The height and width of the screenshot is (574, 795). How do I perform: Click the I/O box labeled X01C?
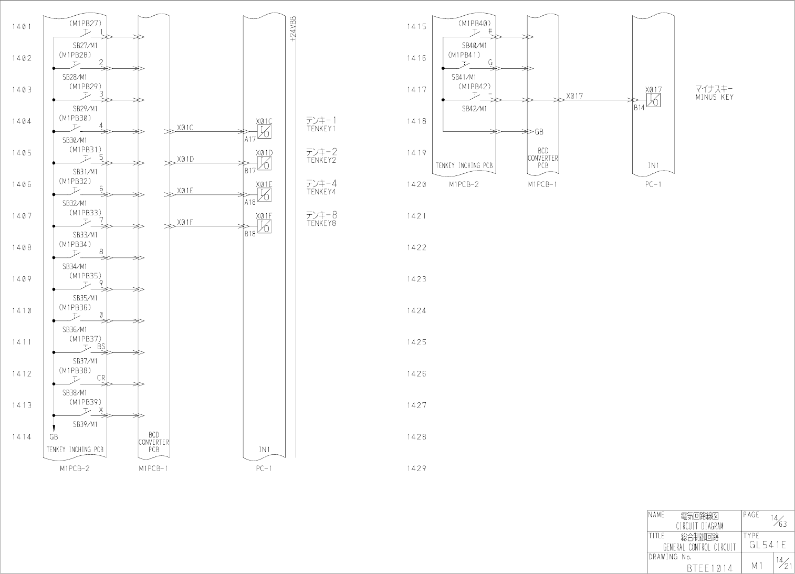click(x=265, y=131)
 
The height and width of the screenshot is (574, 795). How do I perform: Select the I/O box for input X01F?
click(x=265, y=226)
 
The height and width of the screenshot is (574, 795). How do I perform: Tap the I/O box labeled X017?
click(x=653, y=100)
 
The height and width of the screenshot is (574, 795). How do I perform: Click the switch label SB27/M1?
click(x=85, y=46)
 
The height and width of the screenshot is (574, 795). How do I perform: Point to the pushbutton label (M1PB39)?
click(x=85, y=402)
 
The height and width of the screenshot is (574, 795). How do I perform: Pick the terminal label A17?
click(x=250, y=140)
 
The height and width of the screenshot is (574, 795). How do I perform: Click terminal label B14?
click(x=639, y=108)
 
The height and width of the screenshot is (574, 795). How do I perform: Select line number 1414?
click(x=22, y=436)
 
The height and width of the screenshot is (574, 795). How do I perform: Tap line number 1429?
click(x=416, y=468)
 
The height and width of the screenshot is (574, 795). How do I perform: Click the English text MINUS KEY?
click(x=715, y=97)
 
